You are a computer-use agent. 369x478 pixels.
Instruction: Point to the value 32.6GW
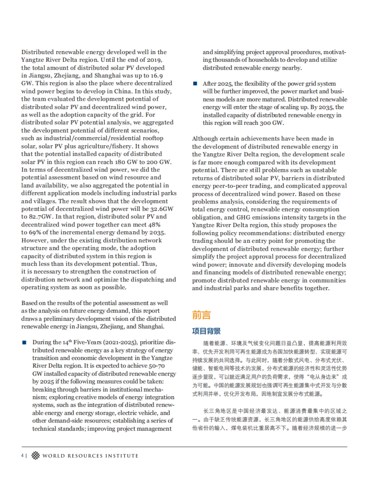tap(162, 209)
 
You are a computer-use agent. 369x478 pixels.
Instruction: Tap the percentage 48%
tap(154, 225)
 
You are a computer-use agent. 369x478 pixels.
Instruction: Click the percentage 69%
tap(34, 232)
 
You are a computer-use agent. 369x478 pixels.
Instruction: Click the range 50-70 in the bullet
tap(157, 366)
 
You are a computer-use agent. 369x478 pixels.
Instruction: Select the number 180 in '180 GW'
tap(120, 162)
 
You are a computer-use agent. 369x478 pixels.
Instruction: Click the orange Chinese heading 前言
tap(201, 315)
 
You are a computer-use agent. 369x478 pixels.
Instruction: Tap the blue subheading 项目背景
tap(206, 331)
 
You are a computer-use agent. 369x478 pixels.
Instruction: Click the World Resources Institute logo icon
tap(36, 456)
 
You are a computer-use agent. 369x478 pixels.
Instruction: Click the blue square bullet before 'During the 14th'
tap(24, 342)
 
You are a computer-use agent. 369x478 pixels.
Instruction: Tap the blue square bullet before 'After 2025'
tap(195, 84)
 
